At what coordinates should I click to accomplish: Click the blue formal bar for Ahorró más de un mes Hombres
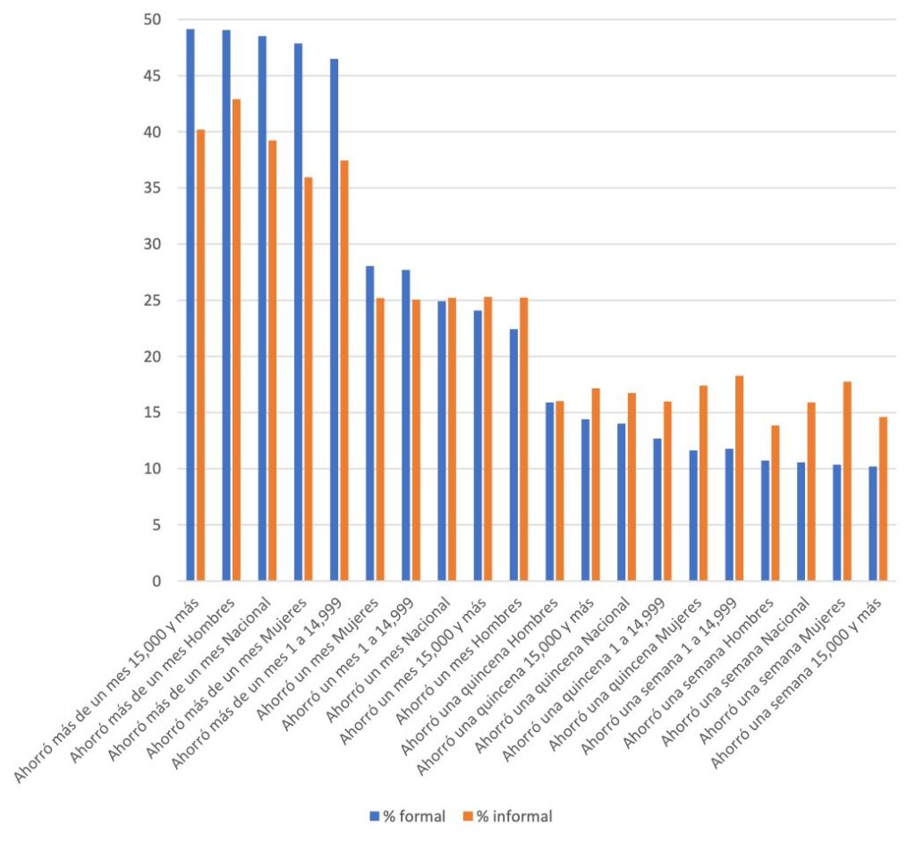tap(226, 305)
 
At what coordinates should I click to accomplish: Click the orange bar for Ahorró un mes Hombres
tap(524, 439)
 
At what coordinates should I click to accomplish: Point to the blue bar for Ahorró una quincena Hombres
tap(549, 491)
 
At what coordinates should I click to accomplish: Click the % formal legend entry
tap(408, 816)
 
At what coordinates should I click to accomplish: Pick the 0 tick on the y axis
tap(157, 581)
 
